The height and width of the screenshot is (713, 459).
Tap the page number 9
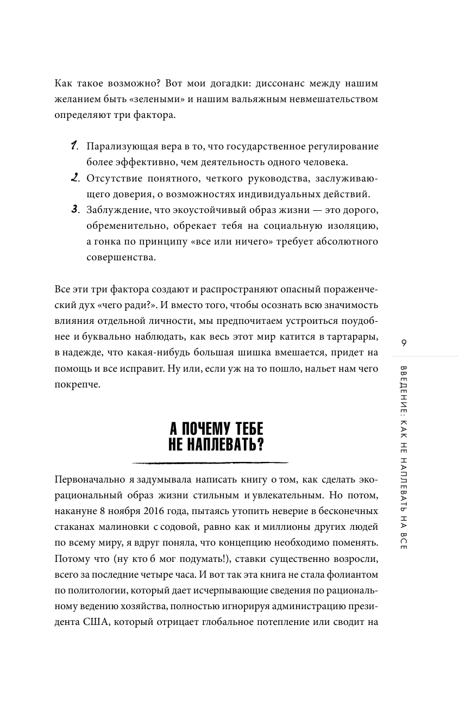pyautogui.click(x=403, y=342)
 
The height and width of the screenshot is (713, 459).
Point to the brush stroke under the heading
pyautogui.click(x=210, y=463)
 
